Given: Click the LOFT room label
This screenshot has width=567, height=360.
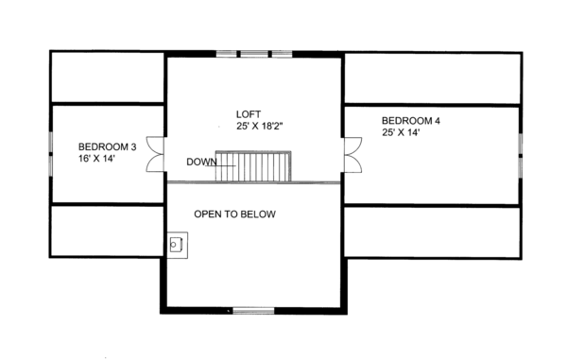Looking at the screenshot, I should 248,113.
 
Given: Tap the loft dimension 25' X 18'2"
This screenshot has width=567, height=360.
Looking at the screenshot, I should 248,126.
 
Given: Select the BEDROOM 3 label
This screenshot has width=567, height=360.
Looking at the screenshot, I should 107,146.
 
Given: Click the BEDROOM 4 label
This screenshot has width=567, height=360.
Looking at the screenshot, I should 411,121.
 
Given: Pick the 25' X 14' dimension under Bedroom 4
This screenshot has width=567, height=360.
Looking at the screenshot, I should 401,133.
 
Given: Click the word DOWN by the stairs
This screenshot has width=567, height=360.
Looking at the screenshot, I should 202,162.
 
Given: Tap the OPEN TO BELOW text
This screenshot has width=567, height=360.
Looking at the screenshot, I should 234,214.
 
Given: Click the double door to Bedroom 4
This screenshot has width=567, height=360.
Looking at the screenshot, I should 352,154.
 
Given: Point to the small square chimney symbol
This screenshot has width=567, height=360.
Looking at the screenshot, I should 176,245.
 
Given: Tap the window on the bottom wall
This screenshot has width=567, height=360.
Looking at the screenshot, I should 253,309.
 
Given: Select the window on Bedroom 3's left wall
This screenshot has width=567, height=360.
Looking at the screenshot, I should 49,153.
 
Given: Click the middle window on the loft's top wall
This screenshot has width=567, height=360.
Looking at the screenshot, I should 253,54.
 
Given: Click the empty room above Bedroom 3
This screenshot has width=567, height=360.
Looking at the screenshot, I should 107,78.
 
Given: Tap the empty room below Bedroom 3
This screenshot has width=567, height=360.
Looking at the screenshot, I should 107,231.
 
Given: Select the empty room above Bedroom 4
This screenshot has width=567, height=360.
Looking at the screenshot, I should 432,78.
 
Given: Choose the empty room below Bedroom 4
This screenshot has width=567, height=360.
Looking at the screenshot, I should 432,231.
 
